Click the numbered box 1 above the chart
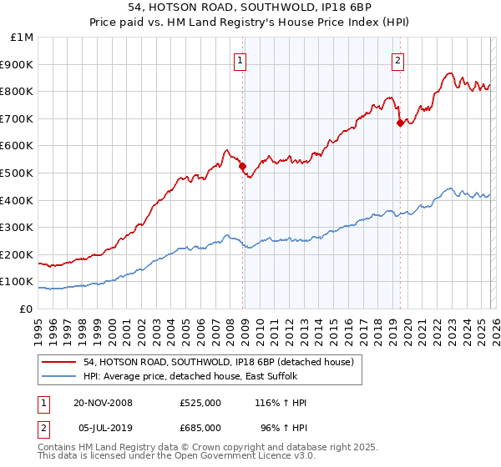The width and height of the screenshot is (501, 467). tap(240, 59)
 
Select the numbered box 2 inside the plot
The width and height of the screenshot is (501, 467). tap(397, 59)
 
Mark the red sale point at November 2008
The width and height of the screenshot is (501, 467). tap(243, 166)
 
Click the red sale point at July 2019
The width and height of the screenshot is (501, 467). tap(400, 123)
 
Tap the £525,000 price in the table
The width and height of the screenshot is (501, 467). tap(200, 403)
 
